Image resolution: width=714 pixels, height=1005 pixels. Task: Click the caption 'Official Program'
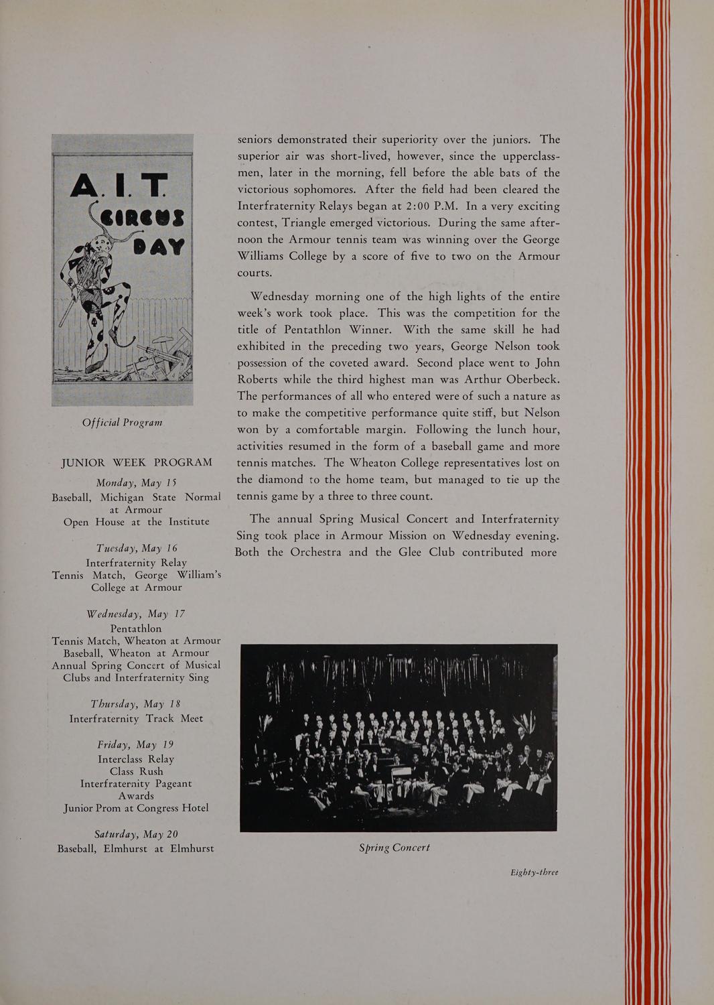122,423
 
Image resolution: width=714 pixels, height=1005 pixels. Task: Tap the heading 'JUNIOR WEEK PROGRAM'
137,462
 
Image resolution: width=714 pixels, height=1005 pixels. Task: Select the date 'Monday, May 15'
136,482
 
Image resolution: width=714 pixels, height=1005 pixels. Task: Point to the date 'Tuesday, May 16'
137,548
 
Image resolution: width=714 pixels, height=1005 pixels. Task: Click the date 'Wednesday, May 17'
136,614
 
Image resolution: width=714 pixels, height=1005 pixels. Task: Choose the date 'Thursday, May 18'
136,703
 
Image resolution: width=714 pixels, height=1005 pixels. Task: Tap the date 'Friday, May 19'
136,744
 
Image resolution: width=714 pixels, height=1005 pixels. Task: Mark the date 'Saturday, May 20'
136,834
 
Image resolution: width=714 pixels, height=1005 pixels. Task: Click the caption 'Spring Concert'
395,848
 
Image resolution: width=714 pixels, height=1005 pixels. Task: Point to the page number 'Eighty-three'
534,872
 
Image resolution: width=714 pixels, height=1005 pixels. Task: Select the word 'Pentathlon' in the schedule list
136,628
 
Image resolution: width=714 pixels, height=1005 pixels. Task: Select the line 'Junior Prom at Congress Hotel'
136,808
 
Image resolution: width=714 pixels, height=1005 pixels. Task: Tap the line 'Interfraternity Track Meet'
136,718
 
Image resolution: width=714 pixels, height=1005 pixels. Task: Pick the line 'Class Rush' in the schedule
136,771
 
